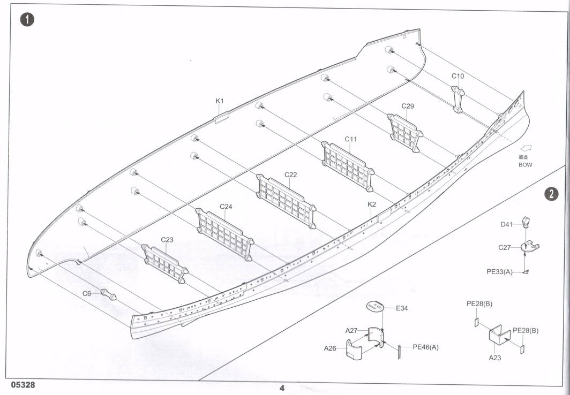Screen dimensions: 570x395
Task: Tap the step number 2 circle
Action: click(x=551, y=194)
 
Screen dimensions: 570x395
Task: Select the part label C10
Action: click(x=457, y=76)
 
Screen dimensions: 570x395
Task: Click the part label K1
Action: click(x=220, y=101)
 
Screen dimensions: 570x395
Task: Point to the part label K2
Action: click(x=372, y=204)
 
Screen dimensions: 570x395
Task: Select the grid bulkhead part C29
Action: click(x=406, y=131)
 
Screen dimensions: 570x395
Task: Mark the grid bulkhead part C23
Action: click(x=164, y=262)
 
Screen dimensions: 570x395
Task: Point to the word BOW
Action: click(x=526, y=165)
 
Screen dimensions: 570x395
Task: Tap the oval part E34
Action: click(x=375, y=307)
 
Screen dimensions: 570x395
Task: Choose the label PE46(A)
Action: click(x=425, y=347)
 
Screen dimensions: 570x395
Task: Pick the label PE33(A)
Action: click(x=499, y=272)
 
